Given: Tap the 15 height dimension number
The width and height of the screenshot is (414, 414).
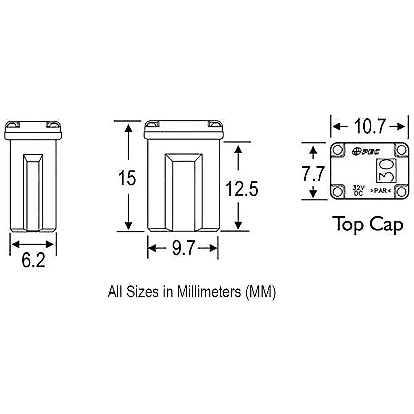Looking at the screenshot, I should coord(127,178).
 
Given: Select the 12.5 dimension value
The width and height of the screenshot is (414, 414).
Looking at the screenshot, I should coord(241,189).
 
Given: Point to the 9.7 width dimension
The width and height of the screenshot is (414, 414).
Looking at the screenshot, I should coord(183,248).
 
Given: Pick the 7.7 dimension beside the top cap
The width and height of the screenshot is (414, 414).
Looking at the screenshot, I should coord(314,174).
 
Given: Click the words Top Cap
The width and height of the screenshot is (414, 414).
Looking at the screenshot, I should coord(368,225).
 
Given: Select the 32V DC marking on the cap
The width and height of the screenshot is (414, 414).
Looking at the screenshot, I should coord(358,190).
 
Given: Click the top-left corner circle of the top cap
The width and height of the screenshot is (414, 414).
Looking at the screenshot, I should coord(338,150).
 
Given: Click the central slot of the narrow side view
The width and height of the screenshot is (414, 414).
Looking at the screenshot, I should coord(33,191).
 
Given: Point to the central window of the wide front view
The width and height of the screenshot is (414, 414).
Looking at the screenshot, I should coord(183,191).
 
